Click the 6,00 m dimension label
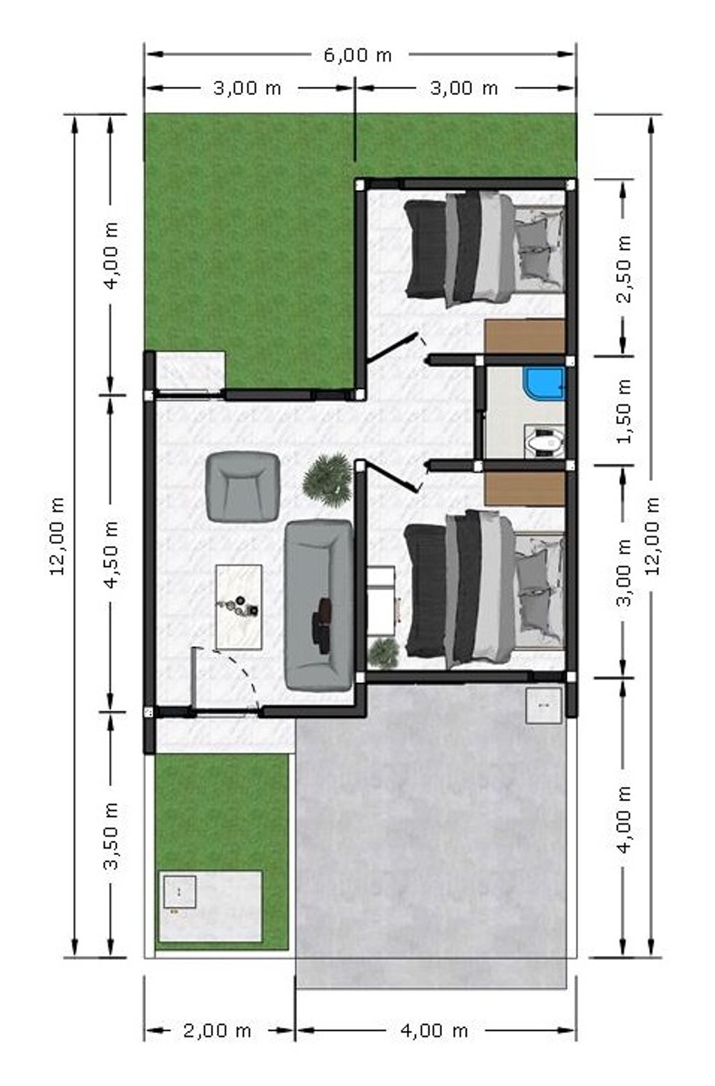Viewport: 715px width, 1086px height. click(357, 55)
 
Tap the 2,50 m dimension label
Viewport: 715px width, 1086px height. click(624, 269)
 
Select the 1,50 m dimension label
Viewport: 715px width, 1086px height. click(624, 411)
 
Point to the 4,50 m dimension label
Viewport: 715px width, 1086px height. click(112, 554)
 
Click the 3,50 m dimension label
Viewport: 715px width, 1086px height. click(112, 836)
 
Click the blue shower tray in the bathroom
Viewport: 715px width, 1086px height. click(546, 384)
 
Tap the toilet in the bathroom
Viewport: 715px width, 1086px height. click(546, 441)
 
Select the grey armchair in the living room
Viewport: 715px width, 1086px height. click(243, 486)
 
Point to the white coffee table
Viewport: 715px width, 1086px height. click(239, 607)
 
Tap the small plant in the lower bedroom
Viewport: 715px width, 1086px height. click(384, 652)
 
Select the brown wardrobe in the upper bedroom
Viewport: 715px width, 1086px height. click(525, 337)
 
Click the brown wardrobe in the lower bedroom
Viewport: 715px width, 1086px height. click(525, 489)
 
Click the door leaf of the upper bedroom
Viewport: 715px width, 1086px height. click(392, 347)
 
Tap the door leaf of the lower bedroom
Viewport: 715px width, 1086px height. click(392, 478)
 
